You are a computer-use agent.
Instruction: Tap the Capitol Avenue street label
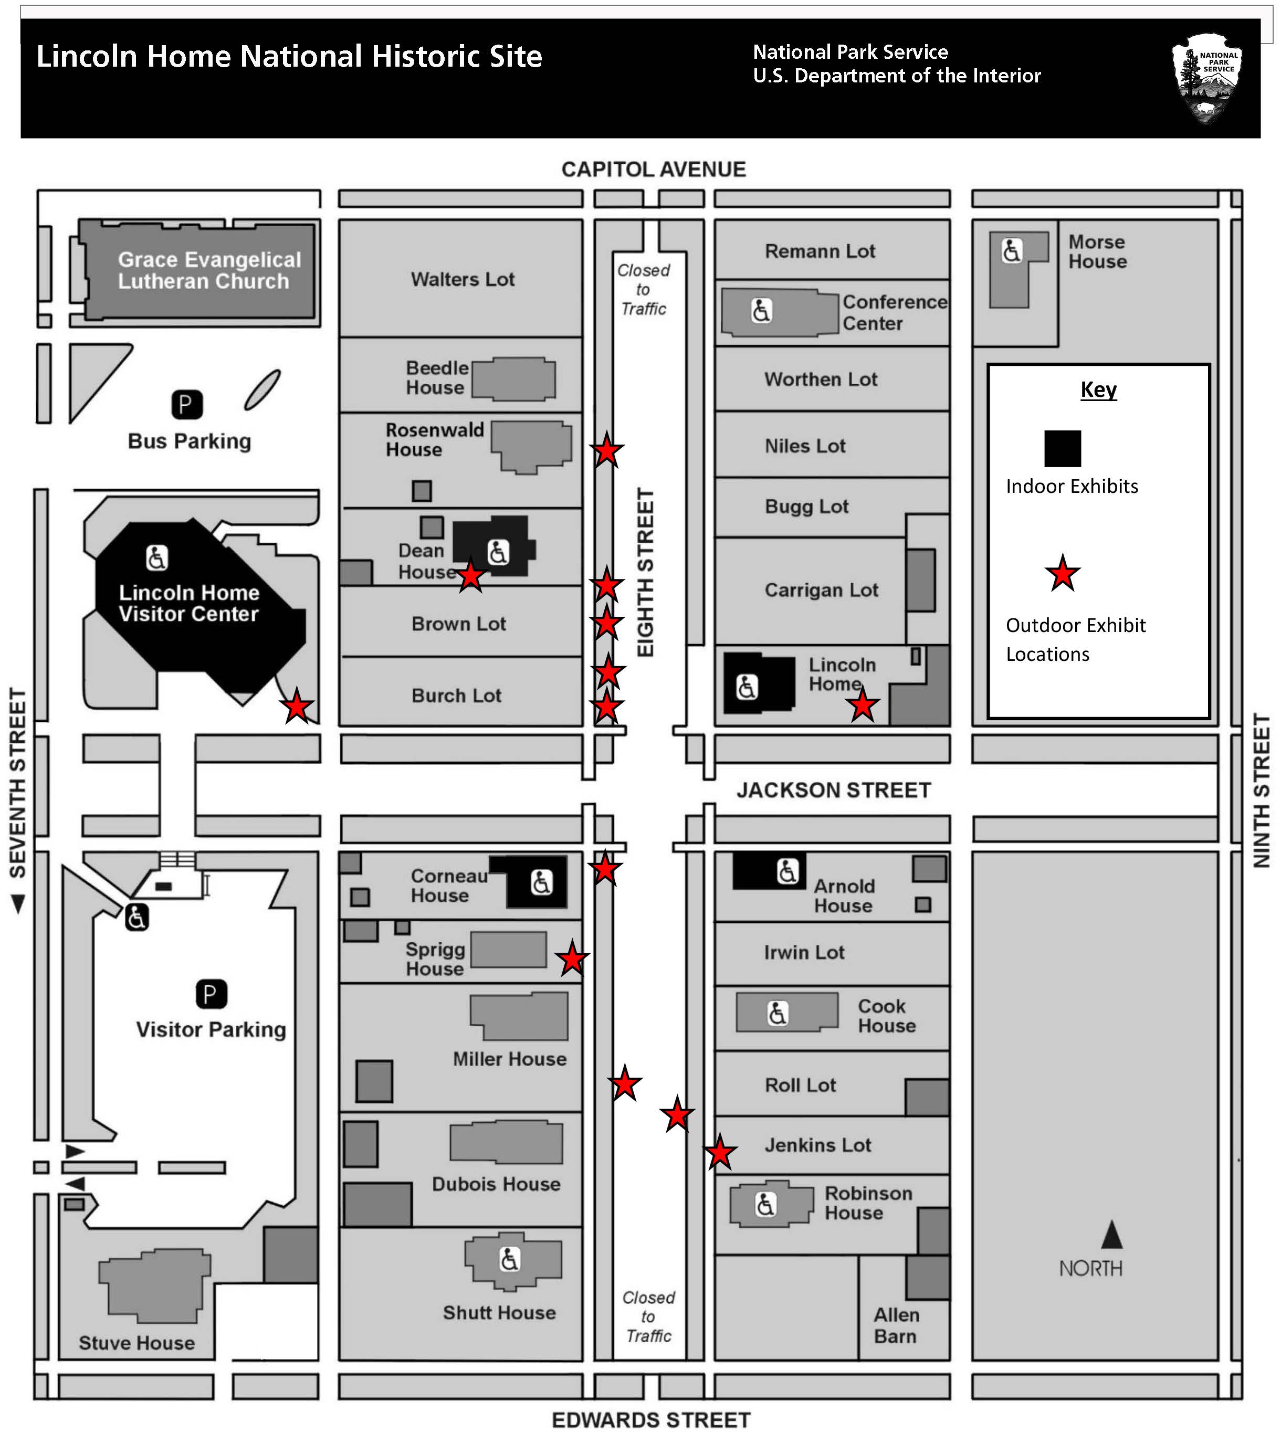(x=653, y=170)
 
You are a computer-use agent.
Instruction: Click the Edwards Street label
(x=650, y=1420)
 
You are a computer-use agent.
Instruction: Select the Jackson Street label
(x=833, y=790)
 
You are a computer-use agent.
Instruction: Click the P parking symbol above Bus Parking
(x=187, y=405)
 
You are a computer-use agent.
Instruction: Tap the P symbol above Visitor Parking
(x=211, y=995)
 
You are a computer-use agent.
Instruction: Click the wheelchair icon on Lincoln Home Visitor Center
(x=157, y=557)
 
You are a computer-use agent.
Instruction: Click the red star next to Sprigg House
(x=572, y=959)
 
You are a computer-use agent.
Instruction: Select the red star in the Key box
(x=1062, y=574)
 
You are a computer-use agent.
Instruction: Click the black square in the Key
(x=1062, y=448)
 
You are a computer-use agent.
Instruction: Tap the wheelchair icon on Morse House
(x=1011, y=250)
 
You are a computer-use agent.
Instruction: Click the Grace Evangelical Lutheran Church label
(x=208, y=270)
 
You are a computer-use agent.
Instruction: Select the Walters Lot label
(x=463, y=280)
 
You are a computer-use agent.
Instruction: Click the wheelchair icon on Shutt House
(x=509, y=1259)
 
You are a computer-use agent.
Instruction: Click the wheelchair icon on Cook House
(x=777, y=1013)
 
